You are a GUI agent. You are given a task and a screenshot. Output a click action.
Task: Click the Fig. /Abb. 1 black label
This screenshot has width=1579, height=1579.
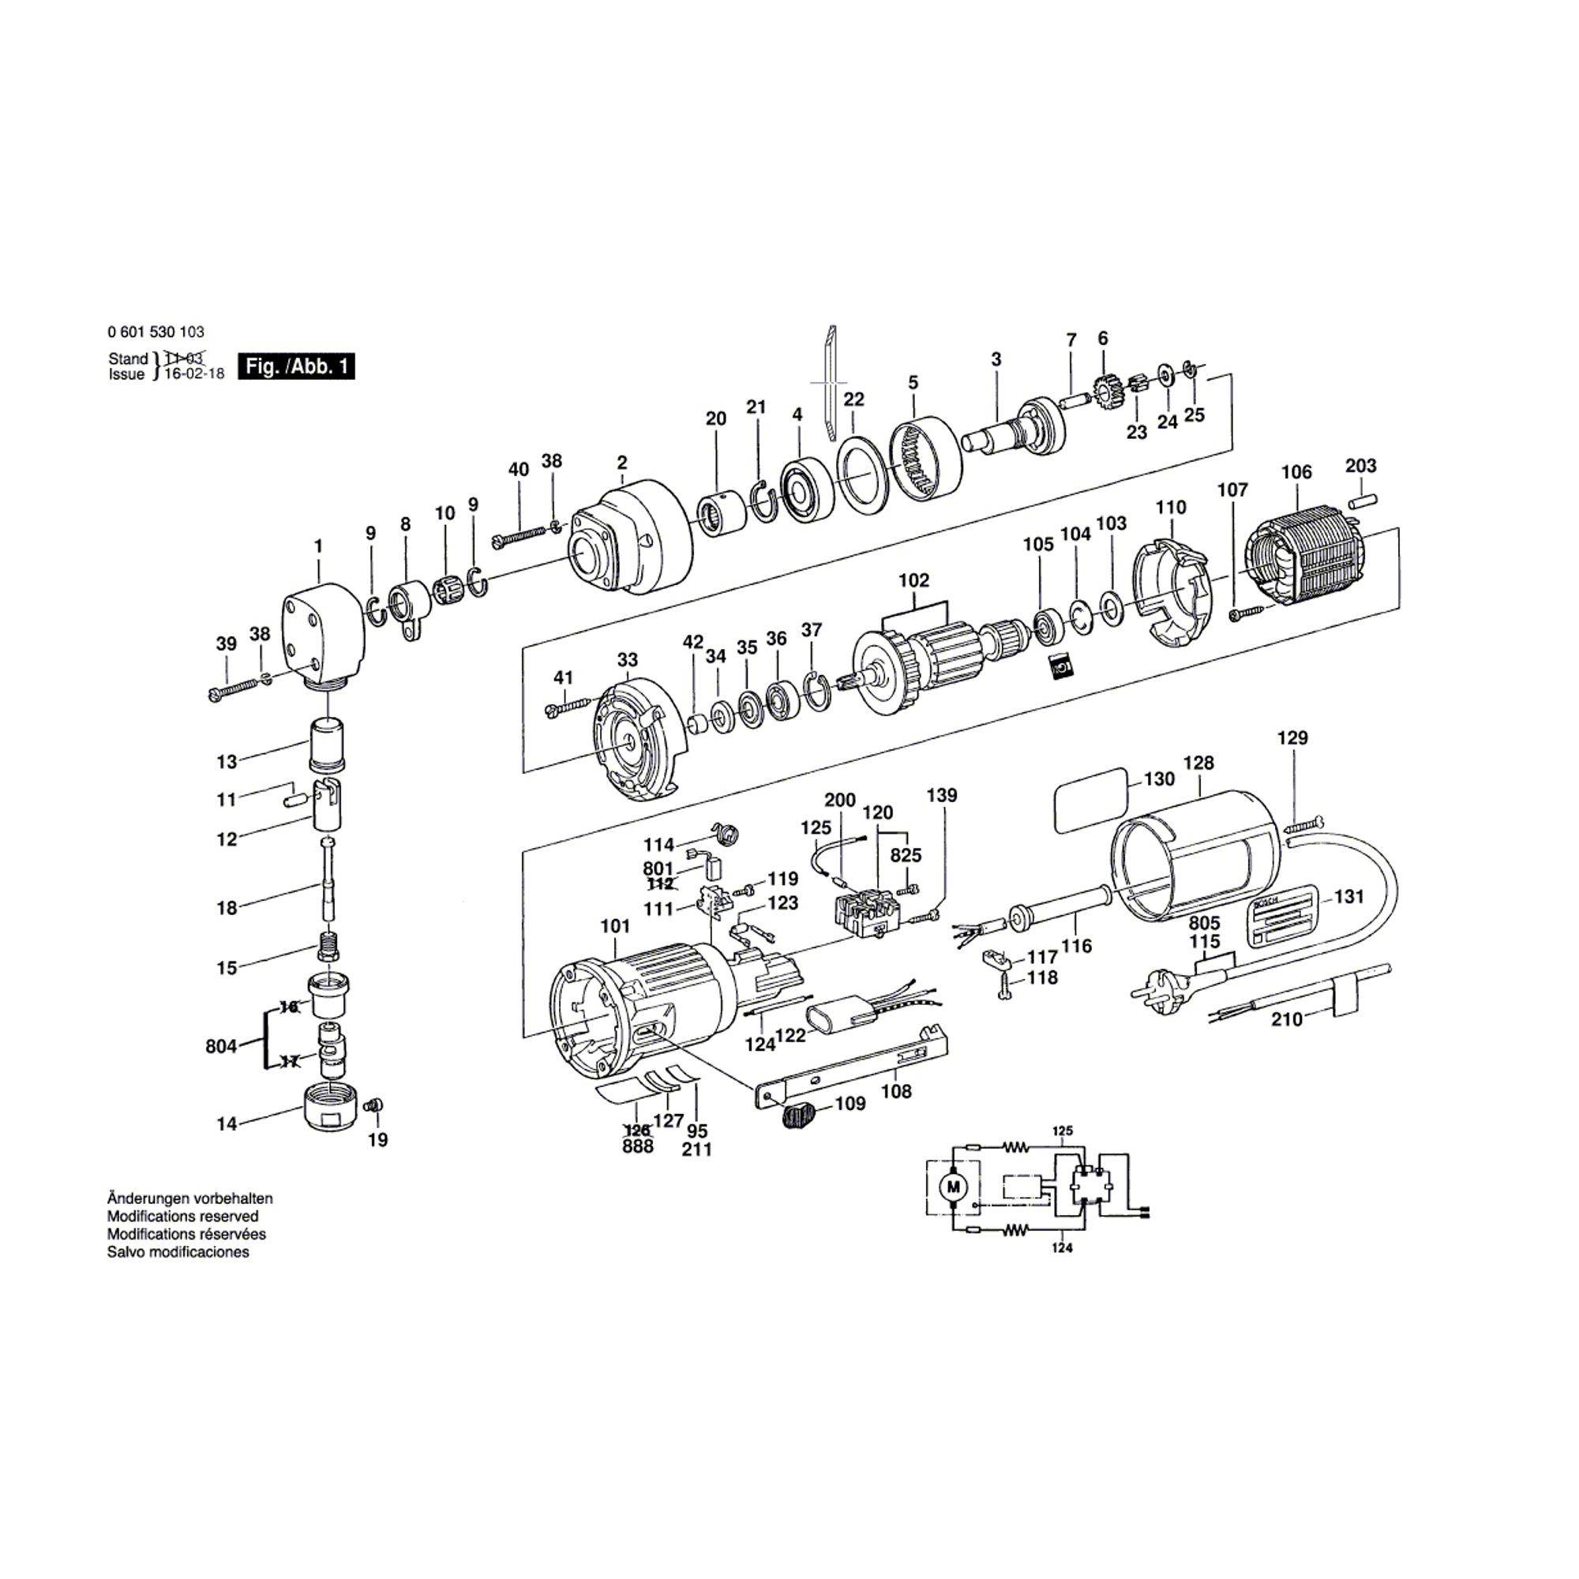coord(295,366)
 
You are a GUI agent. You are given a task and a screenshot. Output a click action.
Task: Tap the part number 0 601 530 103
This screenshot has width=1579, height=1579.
coord(156,332)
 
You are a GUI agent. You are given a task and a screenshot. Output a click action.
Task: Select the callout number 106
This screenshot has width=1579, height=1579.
coord(1296,471)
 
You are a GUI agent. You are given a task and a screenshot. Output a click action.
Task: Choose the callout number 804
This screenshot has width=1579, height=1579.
coord(221,1046)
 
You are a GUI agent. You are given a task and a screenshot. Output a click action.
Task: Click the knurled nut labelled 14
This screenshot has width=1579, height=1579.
coord(325,1108)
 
